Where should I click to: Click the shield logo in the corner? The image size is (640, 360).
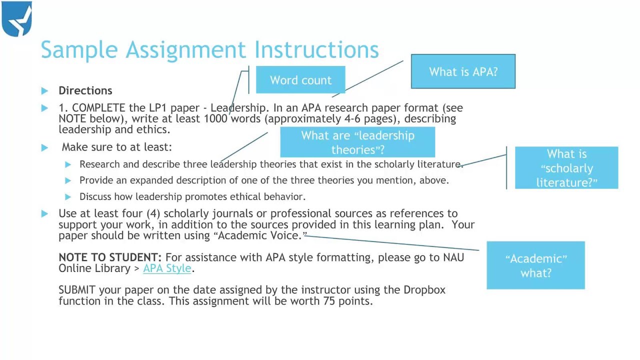[17, 19]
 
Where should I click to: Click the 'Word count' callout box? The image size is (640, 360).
[300, 80]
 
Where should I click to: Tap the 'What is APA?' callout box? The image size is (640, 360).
[463, 71]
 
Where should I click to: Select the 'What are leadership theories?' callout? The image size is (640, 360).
[357, 142]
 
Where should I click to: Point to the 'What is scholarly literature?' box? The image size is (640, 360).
[566, 168]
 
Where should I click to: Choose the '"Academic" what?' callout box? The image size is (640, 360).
[535, 265]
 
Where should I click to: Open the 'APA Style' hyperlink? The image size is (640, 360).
[167, 268]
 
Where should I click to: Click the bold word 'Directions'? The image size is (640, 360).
[85, 90]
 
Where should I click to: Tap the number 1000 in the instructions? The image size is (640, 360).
[215, 118]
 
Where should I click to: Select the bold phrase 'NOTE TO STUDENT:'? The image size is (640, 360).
[110, 257]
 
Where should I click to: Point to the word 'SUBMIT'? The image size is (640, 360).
[77, 290]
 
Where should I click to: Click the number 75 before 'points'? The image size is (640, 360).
[329, 301]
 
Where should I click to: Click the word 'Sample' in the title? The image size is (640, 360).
[79, 49]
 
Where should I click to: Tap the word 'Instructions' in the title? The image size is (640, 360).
[316, 49]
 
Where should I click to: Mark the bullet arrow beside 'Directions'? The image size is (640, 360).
[45, 91]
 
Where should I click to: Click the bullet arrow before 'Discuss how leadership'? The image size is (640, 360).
[68, 197]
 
